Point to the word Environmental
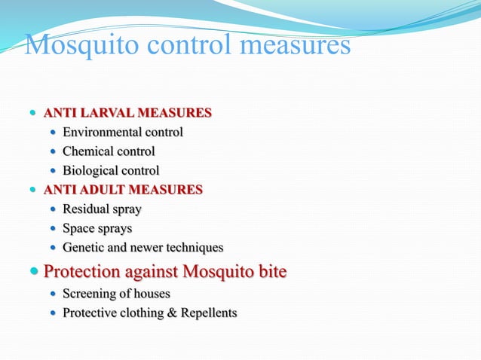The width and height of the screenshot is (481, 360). click(x=103, y=133)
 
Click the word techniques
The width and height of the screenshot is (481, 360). click(x=195, y=248)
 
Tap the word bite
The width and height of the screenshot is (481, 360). click(x=271, y=271)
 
